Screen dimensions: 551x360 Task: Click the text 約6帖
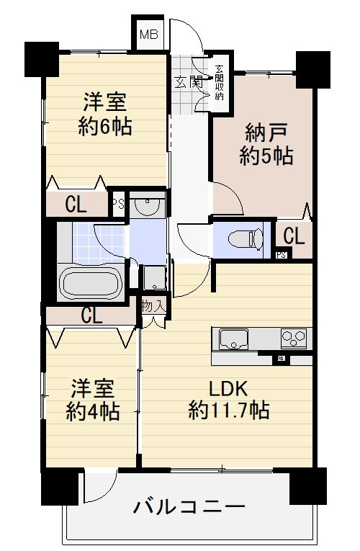(104, 127)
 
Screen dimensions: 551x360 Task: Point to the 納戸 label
(266, 133)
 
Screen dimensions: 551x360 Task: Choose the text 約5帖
(266, 156)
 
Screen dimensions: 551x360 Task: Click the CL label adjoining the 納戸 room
(293, 236)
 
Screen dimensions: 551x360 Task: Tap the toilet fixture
(241, 238)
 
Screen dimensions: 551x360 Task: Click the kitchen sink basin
(233, 339)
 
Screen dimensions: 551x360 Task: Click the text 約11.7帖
(229, 411)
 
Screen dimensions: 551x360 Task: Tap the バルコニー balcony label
(189, 506)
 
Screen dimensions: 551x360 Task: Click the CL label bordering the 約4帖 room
(91, 315)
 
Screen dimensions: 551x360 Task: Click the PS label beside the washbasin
(119, 203)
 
